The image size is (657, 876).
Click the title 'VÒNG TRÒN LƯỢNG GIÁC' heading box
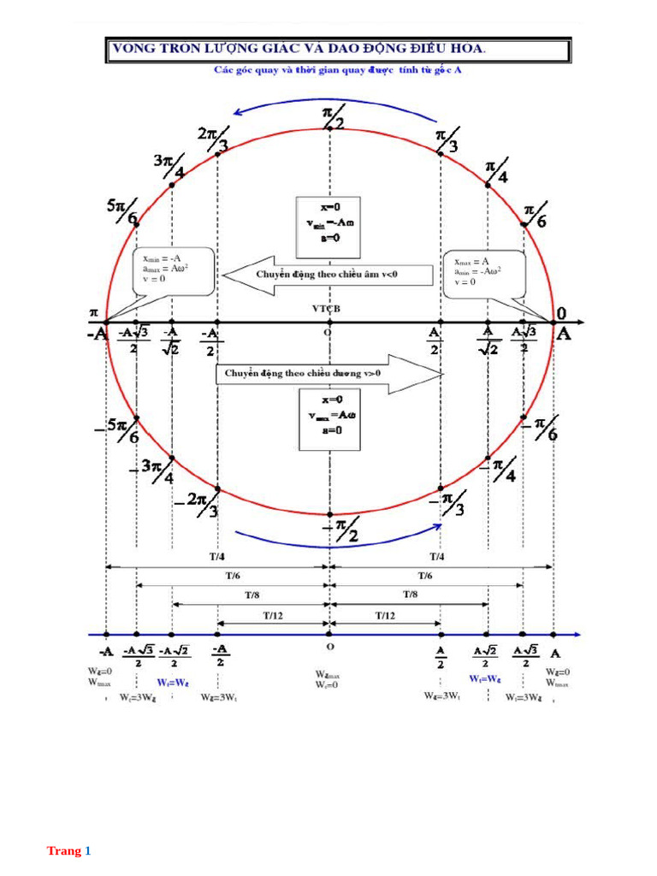click(x=338, y=50)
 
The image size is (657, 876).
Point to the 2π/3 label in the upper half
click(x=213, y=139)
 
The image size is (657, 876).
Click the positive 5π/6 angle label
click(x=122, y=211)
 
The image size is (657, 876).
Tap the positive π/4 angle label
click(x=497, y=171)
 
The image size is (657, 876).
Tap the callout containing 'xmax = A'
click(x=483, y=273)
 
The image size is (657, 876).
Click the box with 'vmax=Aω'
click(x=328, y=417)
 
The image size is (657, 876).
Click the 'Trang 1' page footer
click(x=68, y=851)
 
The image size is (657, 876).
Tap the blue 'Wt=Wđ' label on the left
click(x=173, y=683)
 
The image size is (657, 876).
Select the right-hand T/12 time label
click(x=385, y=616)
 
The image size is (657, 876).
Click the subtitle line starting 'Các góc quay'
click(x=338, y=71)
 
